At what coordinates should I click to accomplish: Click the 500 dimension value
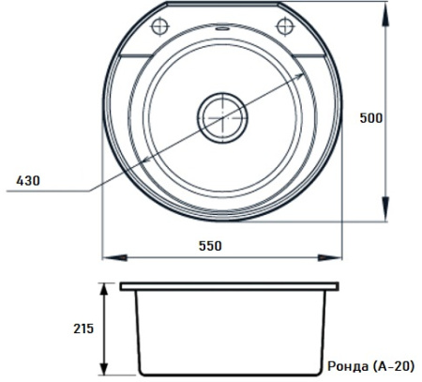point(370,118)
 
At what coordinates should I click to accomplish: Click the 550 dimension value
point(210,246)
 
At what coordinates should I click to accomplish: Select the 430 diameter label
point(28,181)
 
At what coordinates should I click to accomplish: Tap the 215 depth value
point(83,329)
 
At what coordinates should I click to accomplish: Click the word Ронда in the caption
point(348,366)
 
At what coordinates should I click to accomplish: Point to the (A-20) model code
point(394,366)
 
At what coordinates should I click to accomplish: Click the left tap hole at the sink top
point(160,26)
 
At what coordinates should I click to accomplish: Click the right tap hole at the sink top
point(285,26)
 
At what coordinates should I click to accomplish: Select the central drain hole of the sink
point(222,118)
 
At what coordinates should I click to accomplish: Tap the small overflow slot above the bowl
point(222,29)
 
